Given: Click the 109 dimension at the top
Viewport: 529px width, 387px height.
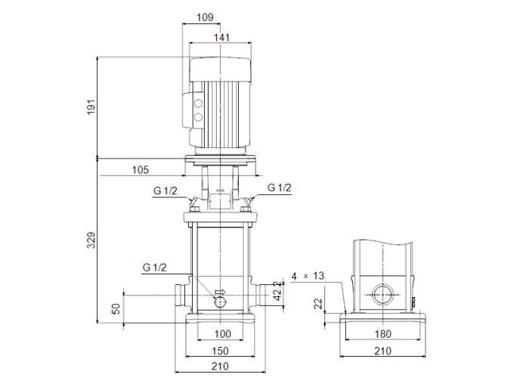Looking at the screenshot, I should (204, 17).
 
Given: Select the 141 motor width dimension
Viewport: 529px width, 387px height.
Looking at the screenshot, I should (221, 38).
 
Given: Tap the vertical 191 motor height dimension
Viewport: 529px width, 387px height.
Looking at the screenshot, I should (92, 107).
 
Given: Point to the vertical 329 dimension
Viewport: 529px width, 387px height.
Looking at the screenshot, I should (92, 240).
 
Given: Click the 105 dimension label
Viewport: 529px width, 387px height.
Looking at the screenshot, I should (141, 170).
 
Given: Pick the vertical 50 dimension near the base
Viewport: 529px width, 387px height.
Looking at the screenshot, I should (116, 309).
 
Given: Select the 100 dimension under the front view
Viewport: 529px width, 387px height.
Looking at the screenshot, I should (222, 334).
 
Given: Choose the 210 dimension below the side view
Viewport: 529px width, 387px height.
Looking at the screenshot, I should (383, 351).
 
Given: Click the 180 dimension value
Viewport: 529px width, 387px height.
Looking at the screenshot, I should (383, 334).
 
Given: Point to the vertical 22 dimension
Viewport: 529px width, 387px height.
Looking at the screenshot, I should (318, 304).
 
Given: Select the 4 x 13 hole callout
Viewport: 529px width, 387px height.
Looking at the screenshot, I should (308, 277).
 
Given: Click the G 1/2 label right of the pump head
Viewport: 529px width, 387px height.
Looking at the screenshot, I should (280, 187).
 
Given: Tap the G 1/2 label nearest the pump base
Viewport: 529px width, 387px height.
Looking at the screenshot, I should (154, 268).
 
